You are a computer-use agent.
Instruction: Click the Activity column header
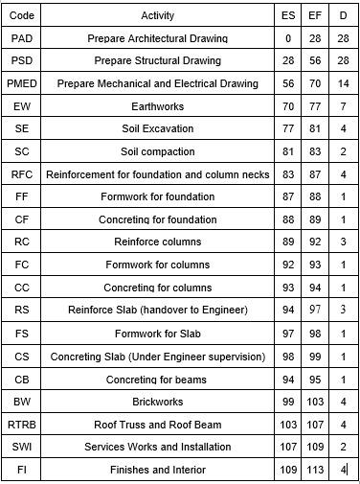pos(157,15)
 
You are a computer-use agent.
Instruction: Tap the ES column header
pos(288,15)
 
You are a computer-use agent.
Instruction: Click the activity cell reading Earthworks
pos(157,106)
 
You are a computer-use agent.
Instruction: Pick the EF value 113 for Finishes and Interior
pos(316,470)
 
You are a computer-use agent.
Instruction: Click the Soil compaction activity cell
pos(157,151)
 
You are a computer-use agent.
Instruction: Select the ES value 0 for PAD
pos(288,38)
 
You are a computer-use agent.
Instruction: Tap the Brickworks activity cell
pos(157,402)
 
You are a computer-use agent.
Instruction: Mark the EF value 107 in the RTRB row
pos(316,424)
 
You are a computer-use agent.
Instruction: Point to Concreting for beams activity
pos(157,379)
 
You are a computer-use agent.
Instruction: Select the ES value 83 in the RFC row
pos(288,174)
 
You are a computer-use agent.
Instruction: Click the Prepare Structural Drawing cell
pos(157,60)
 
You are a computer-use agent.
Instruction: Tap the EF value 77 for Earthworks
pos(316,106)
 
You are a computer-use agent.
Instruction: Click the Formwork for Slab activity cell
pos(157,334)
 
